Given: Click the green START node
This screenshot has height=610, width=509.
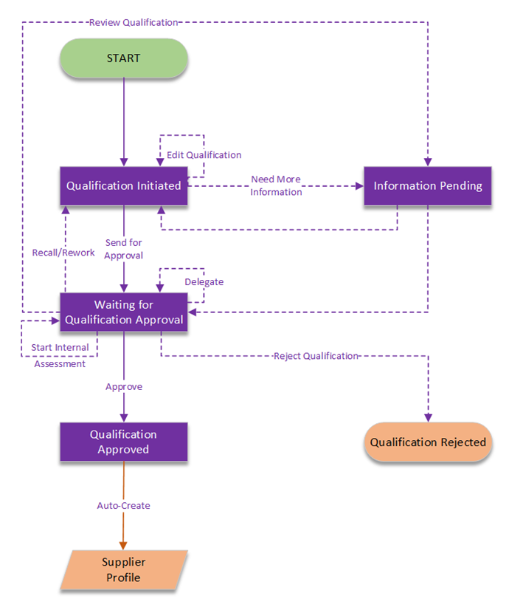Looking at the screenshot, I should pos(123,58).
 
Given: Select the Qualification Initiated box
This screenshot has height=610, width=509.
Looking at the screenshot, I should pos(123,186).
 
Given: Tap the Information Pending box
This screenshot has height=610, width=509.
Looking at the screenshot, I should pos(428,186).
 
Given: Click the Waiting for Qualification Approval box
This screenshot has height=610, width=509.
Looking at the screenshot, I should pos(123,312).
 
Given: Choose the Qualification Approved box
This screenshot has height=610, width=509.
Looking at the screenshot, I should pos(123,442).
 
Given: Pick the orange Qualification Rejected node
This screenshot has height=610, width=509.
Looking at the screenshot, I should pos(428,442).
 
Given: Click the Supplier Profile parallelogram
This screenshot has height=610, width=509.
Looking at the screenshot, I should pos(124,569).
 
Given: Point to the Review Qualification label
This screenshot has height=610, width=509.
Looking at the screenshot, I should pos(134,22).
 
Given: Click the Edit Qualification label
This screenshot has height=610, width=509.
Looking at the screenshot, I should pos(204,155).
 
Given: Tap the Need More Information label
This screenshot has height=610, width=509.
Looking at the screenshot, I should pos(276,185).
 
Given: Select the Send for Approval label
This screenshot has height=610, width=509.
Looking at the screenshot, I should pos(124,249).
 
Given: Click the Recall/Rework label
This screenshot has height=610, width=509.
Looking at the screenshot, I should pos(63,253).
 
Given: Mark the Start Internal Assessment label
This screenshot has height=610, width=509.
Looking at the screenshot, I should pos(60,355).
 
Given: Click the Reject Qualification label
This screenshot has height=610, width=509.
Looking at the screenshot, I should pos(316,356).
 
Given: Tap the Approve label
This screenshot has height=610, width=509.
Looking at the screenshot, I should pos(124,386).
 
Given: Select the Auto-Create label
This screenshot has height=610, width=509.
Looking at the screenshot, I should pos(124,506).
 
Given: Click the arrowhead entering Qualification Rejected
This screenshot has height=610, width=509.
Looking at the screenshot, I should pos(428,417).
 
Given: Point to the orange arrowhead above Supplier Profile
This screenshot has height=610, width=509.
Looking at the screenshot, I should pos(124,545).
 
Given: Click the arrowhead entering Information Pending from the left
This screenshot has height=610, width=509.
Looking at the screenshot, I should pos(359,186).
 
